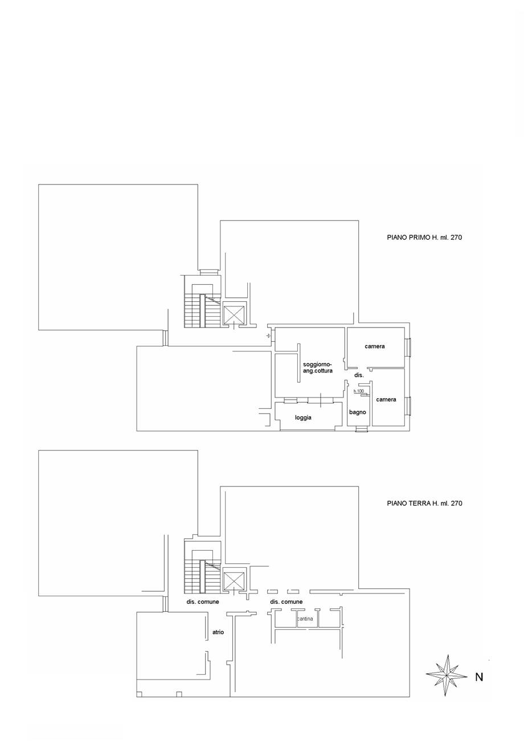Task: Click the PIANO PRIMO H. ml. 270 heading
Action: (424, 237)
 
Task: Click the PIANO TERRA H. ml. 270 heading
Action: (424, 503)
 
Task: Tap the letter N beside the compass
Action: (479, 677)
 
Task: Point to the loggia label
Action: (303, 417)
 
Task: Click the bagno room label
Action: (358, 412)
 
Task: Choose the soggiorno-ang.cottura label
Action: (318, 367)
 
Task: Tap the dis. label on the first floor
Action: (359, 375)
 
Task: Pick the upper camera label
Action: (374, 346)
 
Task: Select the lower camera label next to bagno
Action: (386, 399)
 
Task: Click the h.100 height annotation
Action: (359, 391)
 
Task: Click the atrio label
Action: (218, 632)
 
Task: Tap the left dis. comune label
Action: (202, 601)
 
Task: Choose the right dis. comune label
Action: (286, 601)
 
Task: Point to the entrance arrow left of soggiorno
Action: (268, 336)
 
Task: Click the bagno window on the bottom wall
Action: (362, 429)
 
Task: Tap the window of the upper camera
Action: (409, 347)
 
